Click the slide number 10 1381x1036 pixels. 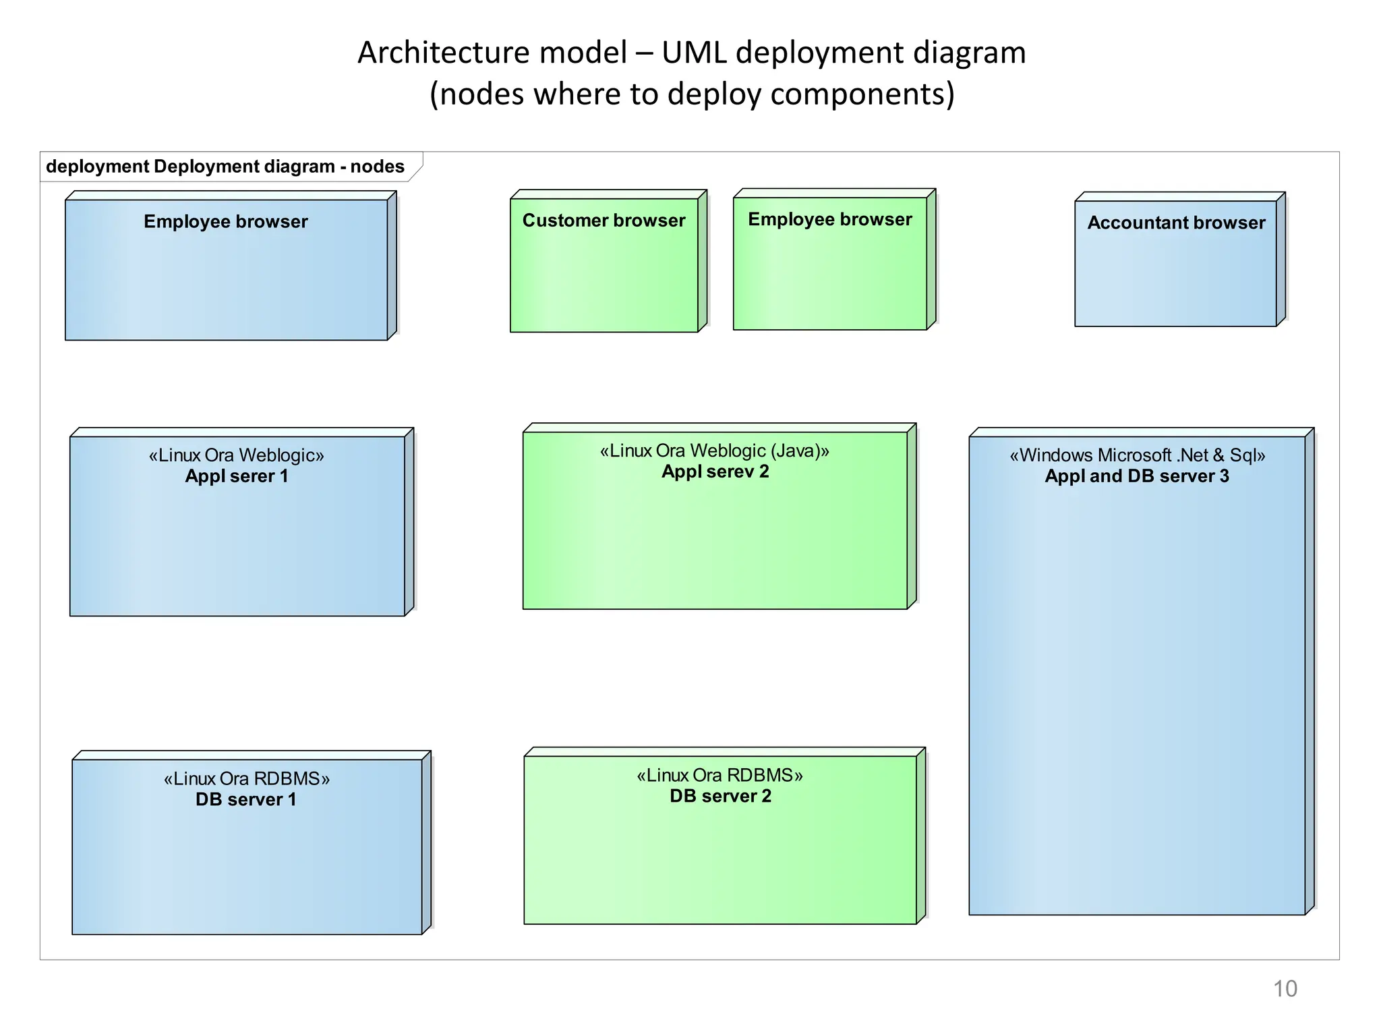coord(1284,988)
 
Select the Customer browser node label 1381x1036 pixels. coord(604,221)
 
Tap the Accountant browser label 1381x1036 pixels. coord(1176,223)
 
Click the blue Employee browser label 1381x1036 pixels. coord(225,221)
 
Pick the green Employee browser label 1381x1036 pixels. coord(829,219)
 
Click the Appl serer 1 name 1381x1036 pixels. coord(236,476)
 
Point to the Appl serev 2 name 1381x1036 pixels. coord(715,471)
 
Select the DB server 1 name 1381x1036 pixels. coord(245,799)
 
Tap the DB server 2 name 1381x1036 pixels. coord(720,796)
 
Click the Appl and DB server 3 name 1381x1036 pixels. coord(1136,476)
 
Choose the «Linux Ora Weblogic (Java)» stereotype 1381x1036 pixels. coord(715,451)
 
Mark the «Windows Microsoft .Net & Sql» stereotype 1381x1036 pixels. coord(1137,455)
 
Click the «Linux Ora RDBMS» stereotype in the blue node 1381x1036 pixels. coord(246,778)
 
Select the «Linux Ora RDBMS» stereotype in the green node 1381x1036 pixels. coord(719,775)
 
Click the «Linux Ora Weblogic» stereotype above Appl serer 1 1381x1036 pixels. coord(236,455)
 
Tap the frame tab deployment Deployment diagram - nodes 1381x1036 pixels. coord(225,167)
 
